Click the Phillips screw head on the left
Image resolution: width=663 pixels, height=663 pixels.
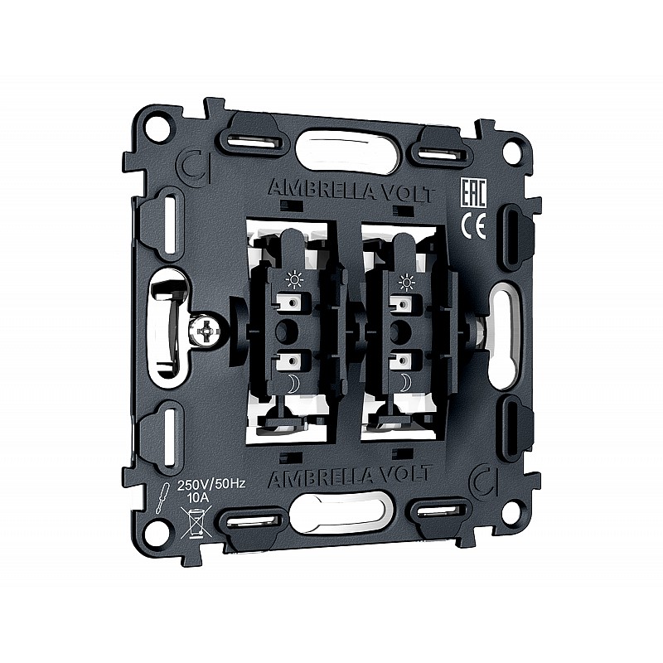(x=205, y=330)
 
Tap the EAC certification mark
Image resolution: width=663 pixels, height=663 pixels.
(x=472, y=192)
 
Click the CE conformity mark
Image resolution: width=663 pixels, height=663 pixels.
(x=473, y=225)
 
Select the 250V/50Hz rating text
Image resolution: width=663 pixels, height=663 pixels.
(x=211, y=484)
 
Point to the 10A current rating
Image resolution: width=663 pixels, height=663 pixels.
(x=198, y=498)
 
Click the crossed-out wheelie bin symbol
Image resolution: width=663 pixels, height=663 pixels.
(x=196, y=522)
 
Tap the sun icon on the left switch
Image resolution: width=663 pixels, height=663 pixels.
(x=294, y=280)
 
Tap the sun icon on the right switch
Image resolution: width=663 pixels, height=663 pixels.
(x=407, y=282)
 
